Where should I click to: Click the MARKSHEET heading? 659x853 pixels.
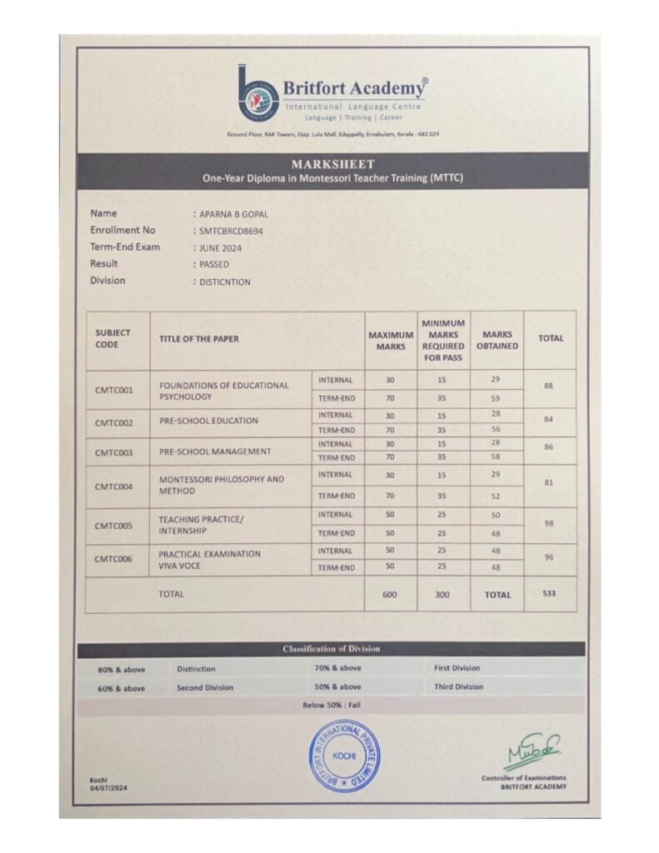332,164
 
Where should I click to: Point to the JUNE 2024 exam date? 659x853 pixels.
218,247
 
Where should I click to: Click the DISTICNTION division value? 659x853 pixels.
224,282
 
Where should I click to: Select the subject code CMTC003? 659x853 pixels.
114,451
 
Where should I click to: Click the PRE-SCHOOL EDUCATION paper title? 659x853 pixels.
208,421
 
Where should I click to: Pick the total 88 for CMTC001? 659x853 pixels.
548,387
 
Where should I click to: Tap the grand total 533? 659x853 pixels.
548,594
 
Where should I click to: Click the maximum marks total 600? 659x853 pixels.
390,595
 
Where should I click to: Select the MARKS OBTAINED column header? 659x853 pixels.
497,340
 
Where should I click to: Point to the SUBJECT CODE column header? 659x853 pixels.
113,338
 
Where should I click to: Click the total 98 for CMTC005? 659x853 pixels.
548,523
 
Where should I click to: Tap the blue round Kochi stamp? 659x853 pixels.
344,754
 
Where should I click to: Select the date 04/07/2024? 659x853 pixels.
108,787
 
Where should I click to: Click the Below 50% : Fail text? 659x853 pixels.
332,706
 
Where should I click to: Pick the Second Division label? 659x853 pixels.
205,688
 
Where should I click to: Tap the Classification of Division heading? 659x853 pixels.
332,648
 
